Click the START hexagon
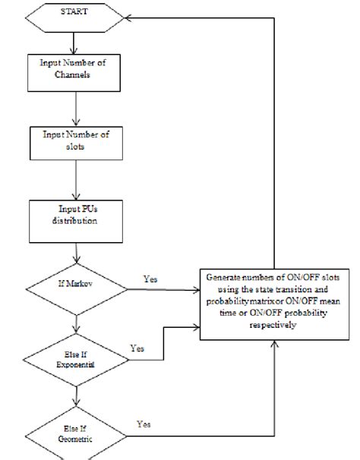pos(75,14)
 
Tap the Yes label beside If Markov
pos(151,280)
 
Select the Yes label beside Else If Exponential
pos(137,348)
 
